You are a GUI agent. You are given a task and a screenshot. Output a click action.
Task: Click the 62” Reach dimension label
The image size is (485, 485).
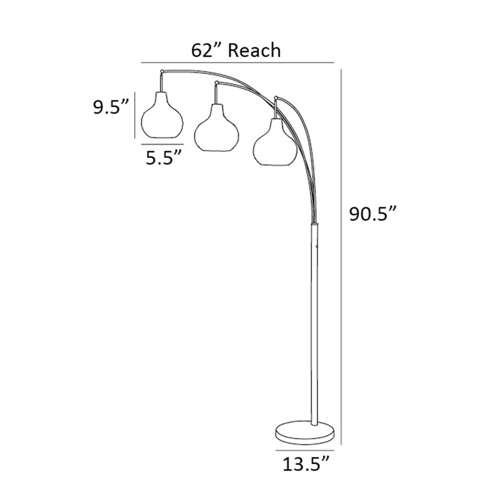click(236, 50)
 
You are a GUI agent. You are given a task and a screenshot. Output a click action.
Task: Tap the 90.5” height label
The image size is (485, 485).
click(373, 214)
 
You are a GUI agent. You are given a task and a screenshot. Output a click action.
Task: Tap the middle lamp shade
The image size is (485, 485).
click(217, 130)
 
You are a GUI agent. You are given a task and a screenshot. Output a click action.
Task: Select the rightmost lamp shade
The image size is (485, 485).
click(275, 145)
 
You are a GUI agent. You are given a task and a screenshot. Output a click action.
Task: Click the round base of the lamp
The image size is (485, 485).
click(304, 432)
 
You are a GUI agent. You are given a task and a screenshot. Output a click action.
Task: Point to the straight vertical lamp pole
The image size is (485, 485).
click(315, 323)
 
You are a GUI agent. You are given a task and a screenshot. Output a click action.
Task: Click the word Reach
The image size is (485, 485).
click(254, 50)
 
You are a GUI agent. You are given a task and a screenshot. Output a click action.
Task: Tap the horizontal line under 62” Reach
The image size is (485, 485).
click(237, 62)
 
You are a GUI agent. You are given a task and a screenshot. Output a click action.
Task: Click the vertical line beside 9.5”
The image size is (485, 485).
click(135, 115)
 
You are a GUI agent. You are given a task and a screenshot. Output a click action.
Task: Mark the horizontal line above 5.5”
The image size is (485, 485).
click(162, 144)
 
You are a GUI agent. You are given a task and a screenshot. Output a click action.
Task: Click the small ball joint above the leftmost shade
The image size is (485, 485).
click(162, 71)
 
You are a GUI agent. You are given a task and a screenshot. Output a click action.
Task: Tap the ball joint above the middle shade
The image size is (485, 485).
click(216, 83)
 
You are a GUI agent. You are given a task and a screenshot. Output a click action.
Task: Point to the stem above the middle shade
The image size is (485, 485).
click(216, 95)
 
